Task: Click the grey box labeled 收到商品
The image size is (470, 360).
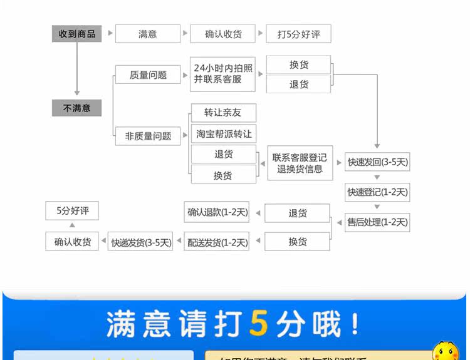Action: [x=76, y=34]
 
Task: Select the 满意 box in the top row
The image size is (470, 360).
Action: [x=148, y=34]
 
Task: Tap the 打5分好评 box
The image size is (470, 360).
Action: [x=298, y=34]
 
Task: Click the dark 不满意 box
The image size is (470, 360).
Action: [x=76, y=108]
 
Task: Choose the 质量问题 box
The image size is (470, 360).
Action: [x=148, y=75]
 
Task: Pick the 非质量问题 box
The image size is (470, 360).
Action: [x=148, y=135]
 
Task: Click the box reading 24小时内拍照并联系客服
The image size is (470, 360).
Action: [x=223, y=74]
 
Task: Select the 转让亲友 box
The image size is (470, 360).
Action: [x=223, y=113]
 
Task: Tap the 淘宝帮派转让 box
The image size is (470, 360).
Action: [x=223, y=133]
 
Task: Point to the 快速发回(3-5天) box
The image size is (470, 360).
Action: [x=378, y=162]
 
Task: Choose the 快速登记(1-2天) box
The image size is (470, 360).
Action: [x=378, y=192]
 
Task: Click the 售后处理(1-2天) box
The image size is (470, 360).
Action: [x=378, y=222]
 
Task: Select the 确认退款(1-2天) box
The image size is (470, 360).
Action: [x=217, y=212]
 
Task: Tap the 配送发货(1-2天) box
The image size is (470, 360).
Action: [x=217, y=242]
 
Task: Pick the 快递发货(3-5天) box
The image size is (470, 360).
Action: [x=141, y=242]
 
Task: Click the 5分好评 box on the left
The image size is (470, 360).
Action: [x=73, y=210]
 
